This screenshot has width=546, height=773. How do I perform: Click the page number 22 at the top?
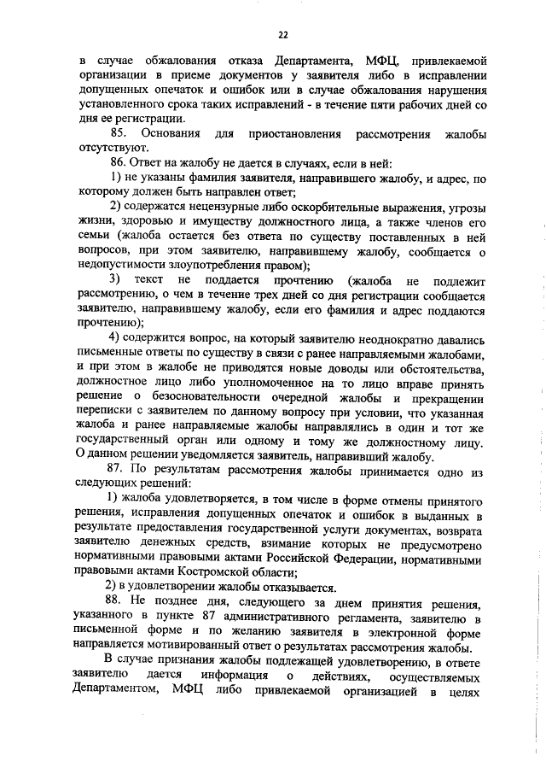282,34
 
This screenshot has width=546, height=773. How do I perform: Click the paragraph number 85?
118,135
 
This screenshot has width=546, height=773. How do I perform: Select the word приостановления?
294,135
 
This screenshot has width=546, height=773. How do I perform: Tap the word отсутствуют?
110,149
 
